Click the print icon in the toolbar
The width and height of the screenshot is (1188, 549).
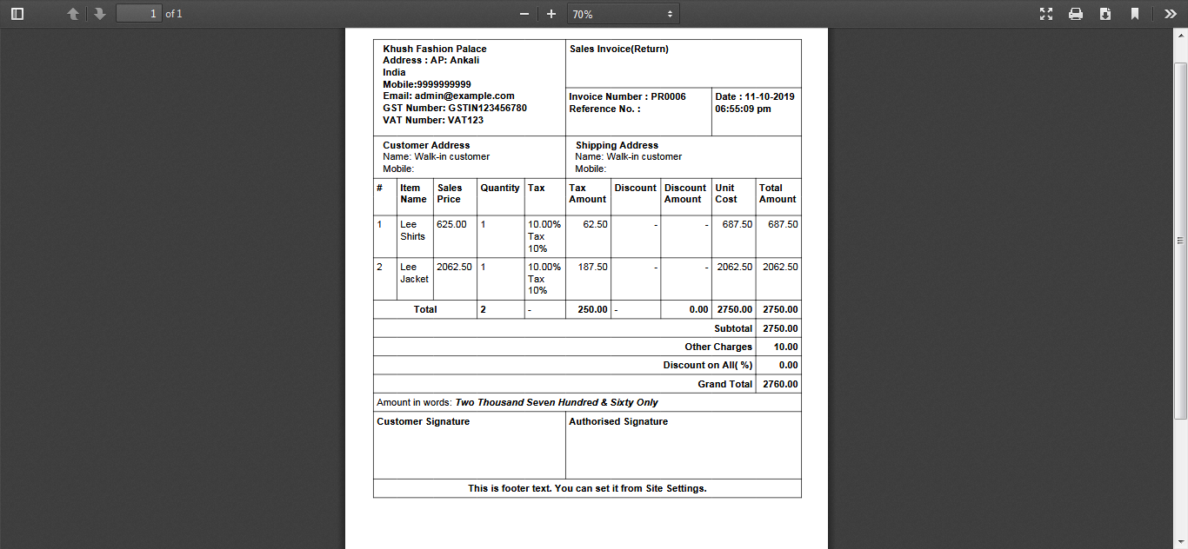coord(1076,14)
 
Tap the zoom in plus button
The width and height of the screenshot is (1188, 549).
coord(551,14)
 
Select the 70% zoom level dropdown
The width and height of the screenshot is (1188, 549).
coord(623,14)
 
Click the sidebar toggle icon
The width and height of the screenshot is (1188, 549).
coord(17,14)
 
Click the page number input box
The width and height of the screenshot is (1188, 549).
coord(139,14)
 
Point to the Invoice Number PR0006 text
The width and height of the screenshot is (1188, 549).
coord(627,96)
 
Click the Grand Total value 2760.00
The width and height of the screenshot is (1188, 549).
coord(780,384)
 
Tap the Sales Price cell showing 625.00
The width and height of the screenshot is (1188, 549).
coord(451,224)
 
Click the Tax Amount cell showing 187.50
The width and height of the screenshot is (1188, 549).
coord(593,267)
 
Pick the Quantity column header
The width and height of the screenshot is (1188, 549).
coord(500,188)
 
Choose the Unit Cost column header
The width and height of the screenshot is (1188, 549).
coord(726,193)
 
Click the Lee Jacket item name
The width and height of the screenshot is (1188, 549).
coord(414,273)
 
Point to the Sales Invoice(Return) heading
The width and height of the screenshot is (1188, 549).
coord(619,49)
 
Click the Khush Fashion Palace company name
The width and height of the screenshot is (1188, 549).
coord(435,49)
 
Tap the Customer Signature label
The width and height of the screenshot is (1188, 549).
coord(423,421)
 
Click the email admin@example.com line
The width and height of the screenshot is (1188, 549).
coord(449,96)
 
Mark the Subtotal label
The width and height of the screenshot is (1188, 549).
coord(733,328)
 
